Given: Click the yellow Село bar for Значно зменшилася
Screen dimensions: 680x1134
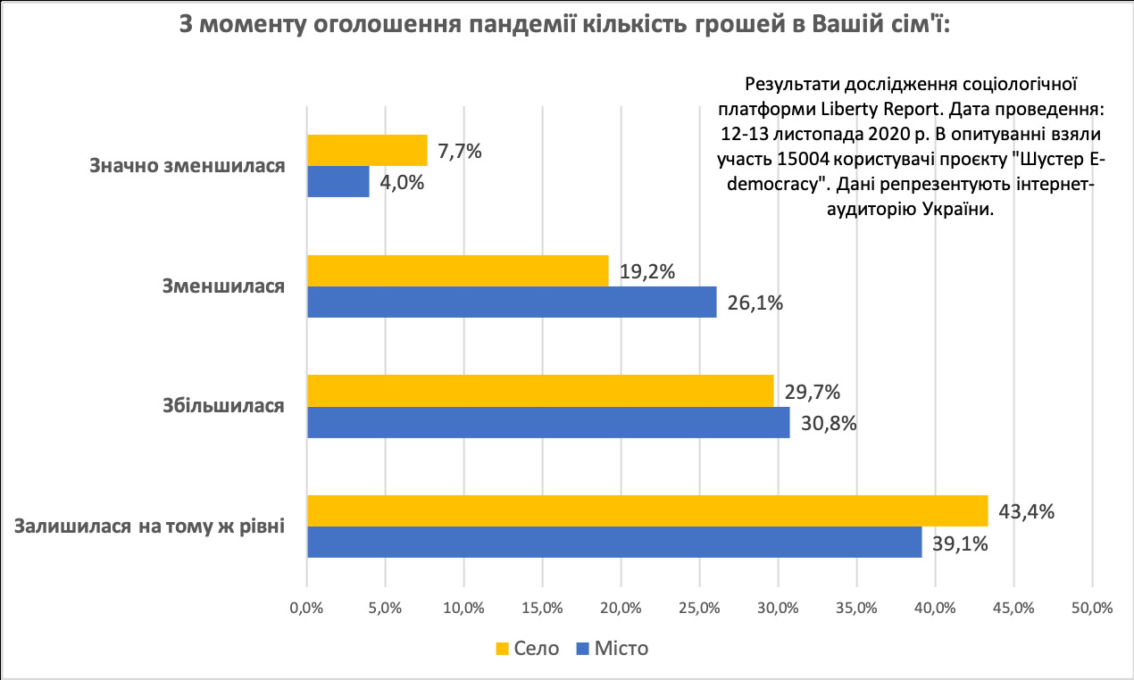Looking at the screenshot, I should [367, 151].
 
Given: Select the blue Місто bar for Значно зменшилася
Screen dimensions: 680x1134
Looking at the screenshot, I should [338, 182].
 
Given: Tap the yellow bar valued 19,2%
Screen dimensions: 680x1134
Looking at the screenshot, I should [457, 271].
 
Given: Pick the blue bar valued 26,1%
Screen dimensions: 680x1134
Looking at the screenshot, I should [512, 302].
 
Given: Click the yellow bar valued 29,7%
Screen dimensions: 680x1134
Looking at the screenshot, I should [540, 391].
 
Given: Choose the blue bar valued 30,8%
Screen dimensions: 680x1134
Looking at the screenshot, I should [548, 422].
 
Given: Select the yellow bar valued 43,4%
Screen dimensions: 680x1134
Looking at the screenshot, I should [647, 511].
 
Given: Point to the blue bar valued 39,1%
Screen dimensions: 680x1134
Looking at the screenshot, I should [613, 542].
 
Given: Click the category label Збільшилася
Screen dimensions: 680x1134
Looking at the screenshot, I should [223, 406].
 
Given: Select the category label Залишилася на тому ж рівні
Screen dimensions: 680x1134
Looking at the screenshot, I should [150, 526].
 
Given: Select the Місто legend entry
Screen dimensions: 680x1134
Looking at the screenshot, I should [613, 649].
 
